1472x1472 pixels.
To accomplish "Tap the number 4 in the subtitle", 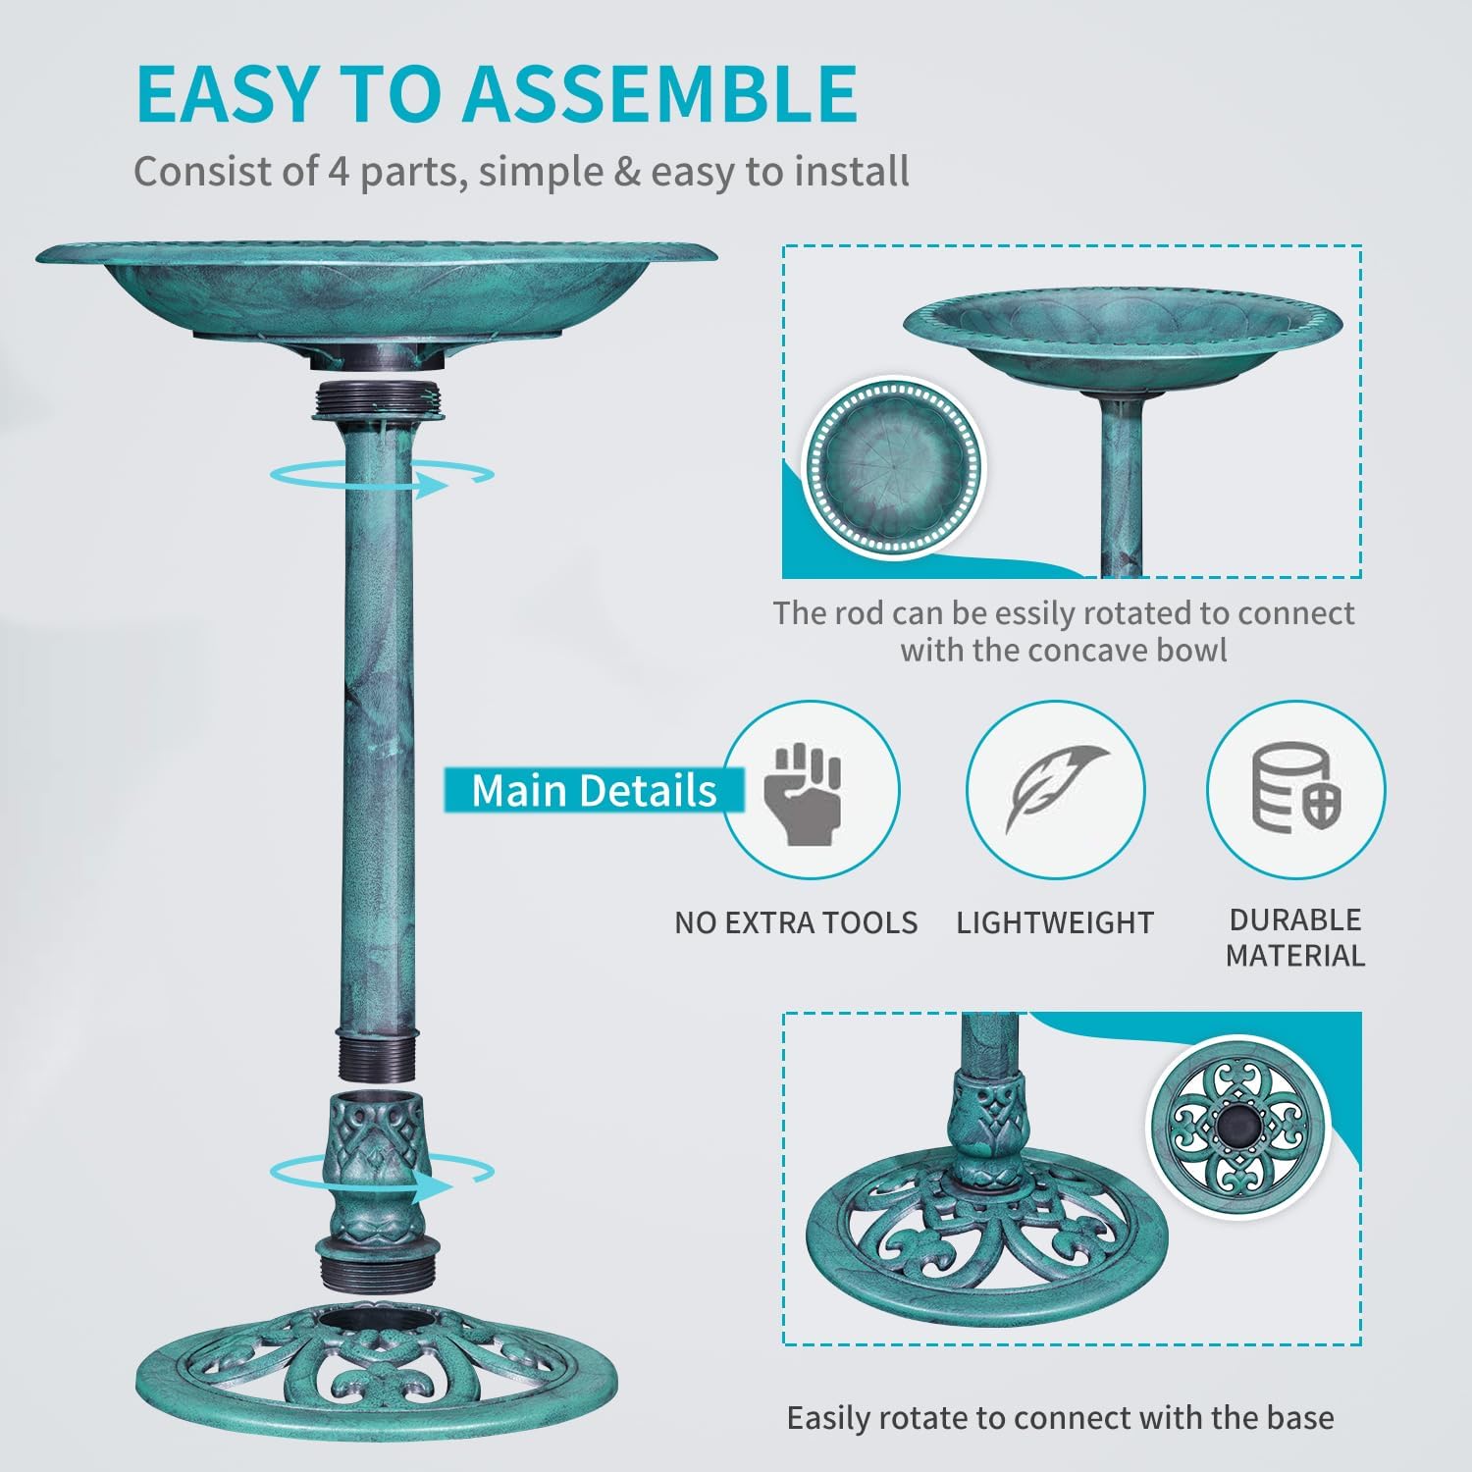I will click(339, 171).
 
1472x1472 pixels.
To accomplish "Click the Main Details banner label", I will click(593, 790).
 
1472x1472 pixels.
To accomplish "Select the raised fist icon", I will click(808, 794).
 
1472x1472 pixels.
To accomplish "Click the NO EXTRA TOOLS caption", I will click(796, 922).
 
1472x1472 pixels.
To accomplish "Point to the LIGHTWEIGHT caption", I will click(1055, 922).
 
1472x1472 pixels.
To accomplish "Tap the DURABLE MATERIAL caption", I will click(1294, 937).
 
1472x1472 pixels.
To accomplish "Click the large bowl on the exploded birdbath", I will click(377, 294).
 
